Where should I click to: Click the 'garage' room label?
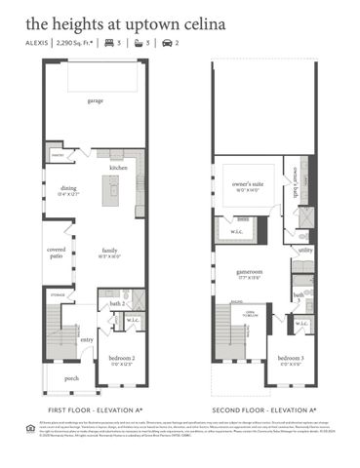(96, 100)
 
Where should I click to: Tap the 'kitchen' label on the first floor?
(119, 167)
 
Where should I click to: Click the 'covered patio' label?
(56, 253)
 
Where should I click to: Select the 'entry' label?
(86, 339)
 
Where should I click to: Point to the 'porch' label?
(71, 378)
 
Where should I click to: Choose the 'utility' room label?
(305, 251)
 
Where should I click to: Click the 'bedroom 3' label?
(291, 358)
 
